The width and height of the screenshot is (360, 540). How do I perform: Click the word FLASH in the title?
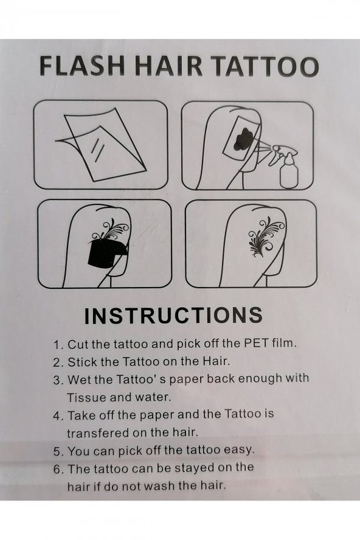pyautogui.click(x=82, y=66)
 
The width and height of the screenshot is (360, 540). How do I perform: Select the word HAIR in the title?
pyautogui.click(x=168, y=66)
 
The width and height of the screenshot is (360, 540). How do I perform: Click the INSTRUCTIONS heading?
pyautogui.click(x=174, y=315)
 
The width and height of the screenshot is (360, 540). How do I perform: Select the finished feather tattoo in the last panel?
pyautogui.click(x=266, y=237)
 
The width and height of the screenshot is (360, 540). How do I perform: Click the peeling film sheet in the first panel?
pyautogui.click(x=103, y=144)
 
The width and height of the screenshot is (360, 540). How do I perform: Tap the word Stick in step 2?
pyautogui.click(x=82, y=362)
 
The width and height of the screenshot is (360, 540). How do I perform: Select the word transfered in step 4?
pyautogui.click(x=97, y=433)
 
